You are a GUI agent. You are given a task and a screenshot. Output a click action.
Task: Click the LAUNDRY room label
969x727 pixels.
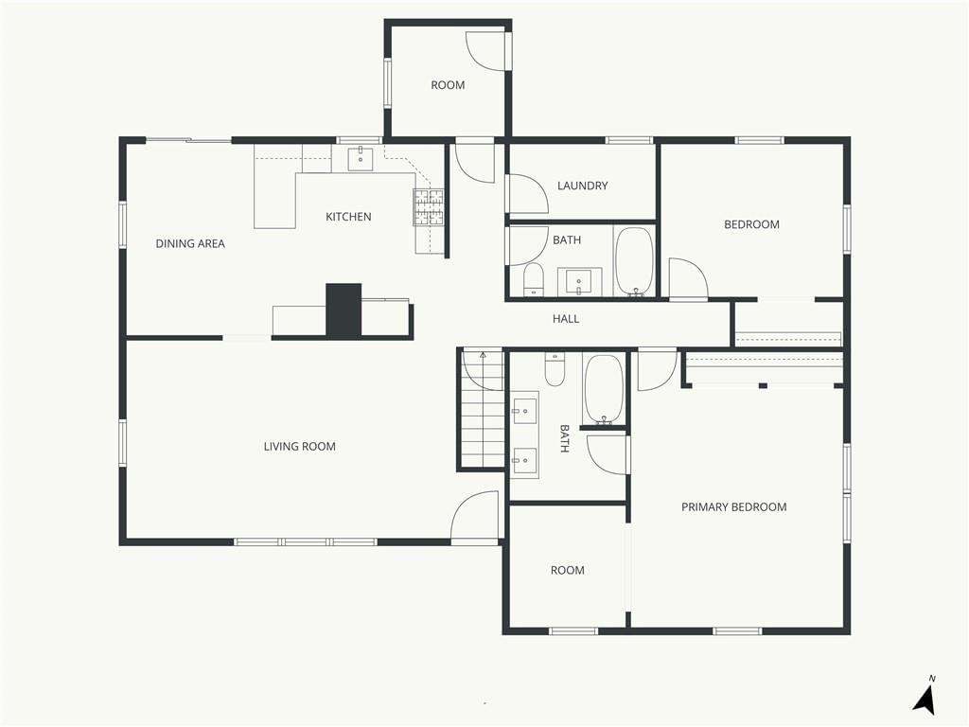pos(582,186)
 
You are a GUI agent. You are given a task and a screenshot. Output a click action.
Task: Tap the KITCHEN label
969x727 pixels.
pos(348,217)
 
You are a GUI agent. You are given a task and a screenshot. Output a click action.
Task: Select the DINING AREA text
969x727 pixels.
pos(190,243)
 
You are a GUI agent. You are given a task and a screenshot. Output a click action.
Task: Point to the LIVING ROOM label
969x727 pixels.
pos(300,447)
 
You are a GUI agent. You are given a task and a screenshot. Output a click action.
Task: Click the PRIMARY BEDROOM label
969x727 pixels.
pos(734,507)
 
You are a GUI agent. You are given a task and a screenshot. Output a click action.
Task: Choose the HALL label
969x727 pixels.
pos(566,319)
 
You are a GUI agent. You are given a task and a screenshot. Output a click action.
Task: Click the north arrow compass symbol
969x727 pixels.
pos(925,697)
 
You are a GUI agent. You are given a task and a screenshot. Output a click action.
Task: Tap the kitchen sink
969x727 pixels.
pos(361,158)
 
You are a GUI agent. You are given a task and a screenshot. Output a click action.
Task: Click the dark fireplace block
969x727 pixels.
pos(344,310)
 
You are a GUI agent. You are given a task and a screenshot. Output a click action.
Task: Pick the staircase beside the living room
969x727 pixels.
pos(483,409)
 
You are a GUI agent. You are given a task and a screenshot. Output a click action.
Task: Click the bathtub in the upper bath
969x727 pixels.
pos(634,261)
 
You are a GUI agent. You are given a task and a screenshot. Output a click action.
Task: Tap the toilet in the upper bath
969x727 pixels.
pos(533,280)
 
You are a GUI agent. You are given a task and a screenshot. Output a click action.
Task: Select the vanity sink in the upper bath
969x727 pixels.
pos(579,282)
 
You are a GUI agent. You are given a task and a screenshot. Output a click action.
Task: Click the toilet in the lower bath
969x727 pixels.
pos(555,369)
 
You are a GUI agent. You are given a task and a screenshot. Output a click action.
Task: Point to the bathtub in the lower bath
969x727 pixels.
pos(604,389)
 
